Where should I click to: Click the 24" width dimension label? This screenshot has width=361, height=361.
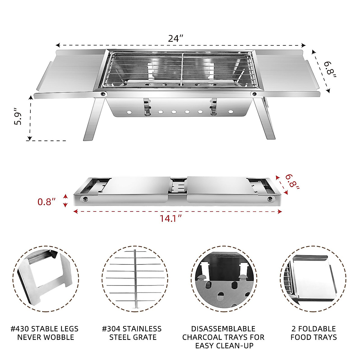click(x=176, y=39)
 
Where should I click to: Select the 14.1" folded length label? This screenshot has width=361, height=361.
click(x=171, y=218)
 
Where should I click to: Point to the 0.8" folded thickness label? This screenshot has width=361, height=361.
click(x=47, y=202)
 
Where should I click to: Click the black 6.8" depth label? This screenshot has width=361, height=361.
click(x=329, y=69)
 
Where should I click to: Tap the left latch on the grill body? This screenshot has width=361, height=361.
click(x=147, y=107)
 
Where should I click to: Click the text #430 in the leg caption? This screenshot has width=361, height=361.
click(x=20, y=329)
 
